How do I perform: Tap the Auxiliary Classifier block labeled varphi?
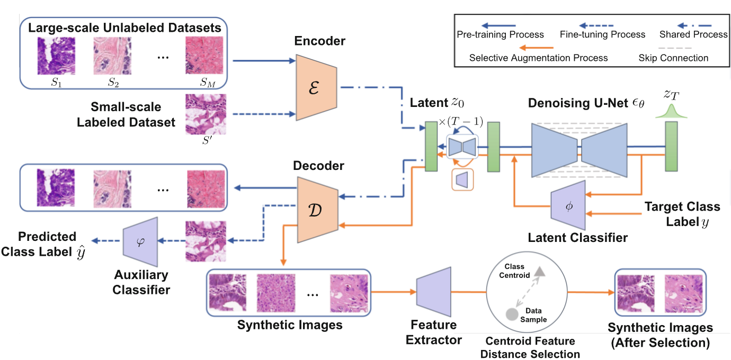(140, 244)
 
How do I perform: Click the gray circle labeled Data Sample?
(512, 314)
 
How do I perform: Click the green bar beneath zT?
(672, 146)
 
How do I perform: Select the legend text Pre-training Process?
(500, 34)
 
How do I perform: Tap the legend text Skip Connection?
(673, 58)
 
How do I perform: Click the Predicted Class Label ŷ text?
(42, 244)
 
